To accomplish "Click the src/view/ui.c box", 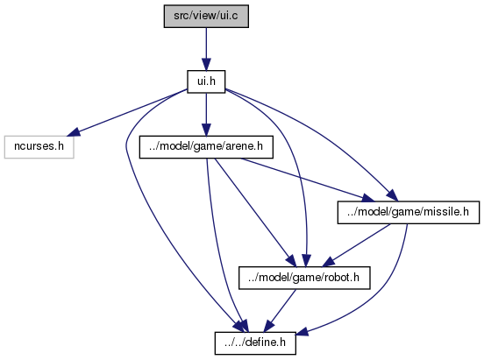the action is coord(206,16).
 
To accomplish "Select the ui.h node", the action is coord(206,81).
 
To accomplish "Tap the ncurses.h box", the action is coord(39,147).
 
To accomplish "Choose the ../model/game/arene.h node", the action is coord(206,147).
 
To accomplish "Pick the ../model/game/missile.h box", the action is coord(409,212).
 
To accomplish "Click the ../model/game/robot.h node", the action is coord(304,278).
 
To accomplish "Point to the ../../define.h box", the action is coord(255,343).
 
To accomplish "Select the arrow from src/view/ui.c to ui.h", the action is coord(206,49).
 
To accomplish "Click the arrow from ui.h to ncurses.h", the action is coord(127,113).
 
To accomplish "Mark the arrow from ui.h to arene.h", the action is coord(206,114).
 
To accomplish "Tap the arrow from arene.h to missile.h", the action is coord(307,180).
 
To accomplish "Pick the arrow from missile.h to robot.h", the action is coord(356,245).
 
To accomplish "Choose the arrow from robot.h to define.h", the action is coord(281,311).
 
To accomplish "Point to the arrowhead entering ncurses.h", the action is coord(74,132).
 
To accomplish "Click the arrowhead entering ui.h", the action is coord(206,65).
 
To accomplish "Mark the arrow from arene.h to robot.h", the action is coord(254,212).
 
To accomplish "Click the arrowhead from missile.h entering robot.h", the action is coord(328,262).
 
